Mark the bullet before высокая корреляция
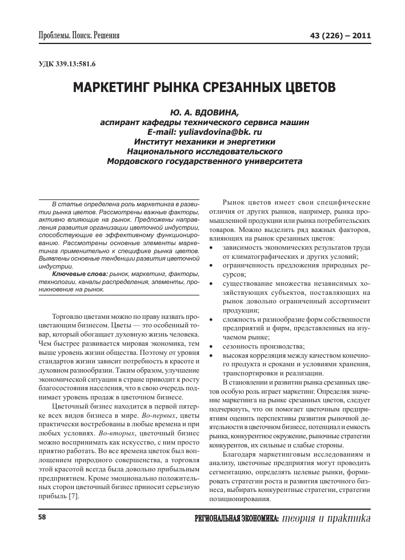[212, 356]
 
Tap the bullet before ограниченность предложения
[212, 265]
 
